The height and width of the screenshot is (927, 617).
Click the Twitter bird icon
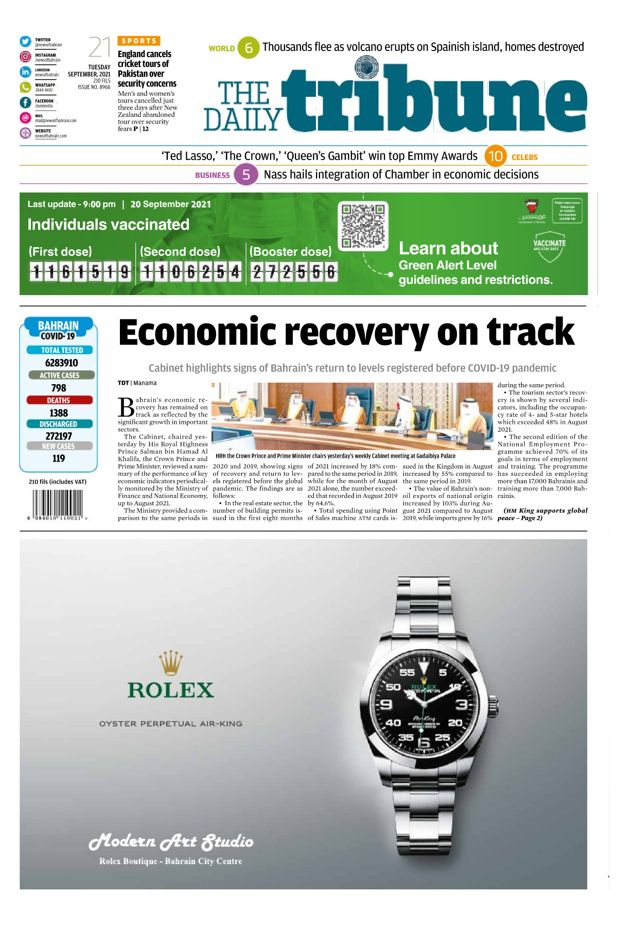click(25, 42)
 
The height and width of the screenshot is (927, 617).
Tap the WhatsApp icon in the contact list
click(25, 87)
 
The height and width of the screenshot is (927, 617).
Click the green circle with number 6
click(249, 48)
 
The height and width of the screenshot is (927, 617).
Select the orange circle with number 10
click(495, 156)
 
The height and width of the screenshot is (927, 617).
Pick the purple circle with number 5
click(246, 175)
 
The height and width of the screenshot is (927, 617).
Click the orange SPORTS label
click(139, 41)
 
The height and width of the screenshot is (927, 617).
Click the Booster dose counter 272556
click(293, 271)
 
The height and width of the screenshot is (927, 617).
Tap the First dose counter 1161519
click(80, 271)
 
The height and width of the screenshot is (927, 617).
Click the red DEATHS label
click(59, 400)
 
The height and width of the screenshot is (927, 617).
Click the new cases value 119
click(59, 458)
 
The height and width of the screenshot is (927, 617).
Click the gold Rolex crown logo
click(171, 662)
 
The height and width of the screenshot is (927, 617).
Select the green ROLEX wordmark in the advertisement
click(171, 690)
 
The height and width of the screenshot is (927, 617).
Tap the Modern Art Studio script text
click(171, 842)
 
